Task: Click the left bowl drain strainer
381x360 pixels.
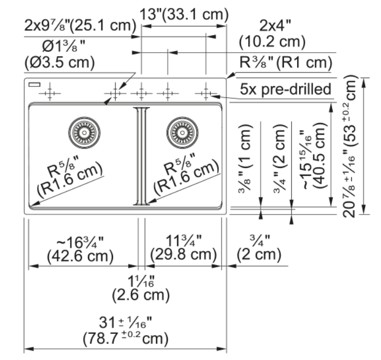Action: tap(84, 133)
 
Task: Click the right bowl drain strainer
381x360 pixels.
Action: tap(182, 133)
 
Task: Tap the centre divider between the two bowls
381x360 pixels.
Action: tap(142, 156)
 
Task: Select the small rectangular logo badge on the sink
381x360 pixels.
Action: tap(34, 84)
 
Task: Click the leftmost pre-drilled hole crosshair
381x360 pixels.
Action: tap(50, 93)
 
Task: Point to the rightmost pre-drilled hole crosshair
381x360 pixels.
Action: tap(206, 93)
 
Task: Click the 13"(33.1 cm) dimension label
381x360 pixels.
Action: tap(184, 14)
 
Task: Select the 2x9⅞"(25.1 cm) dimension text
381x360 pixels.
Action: tap(81, 25)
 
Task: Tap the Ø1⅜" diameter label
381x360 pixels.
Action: tap(64, 46)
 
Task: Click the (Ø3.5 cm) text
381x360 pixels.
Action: tap(59, 63)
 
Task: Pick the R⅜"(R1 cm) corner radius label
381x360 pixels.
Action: tap(285, 63)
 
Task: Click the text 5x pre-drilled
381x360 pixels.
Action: tap(285, 89)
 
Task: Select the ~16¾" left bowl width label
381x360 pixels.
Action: tap(80, 242)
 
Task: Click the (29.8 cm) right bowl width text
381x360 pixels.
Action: tap(183, 254)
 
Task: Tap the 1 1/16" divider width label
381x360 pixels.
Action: tap(141, 281)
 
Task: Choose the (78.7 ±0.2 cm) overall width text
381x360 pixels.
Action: tap(125, 338)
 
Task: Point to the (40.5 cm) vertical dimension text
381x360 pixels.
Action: tap(319, 156)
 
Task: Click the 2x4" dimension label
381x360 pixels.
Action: tap(275, 25)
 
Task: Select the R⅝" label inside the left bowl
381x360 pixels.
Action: tap(63, 166)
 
